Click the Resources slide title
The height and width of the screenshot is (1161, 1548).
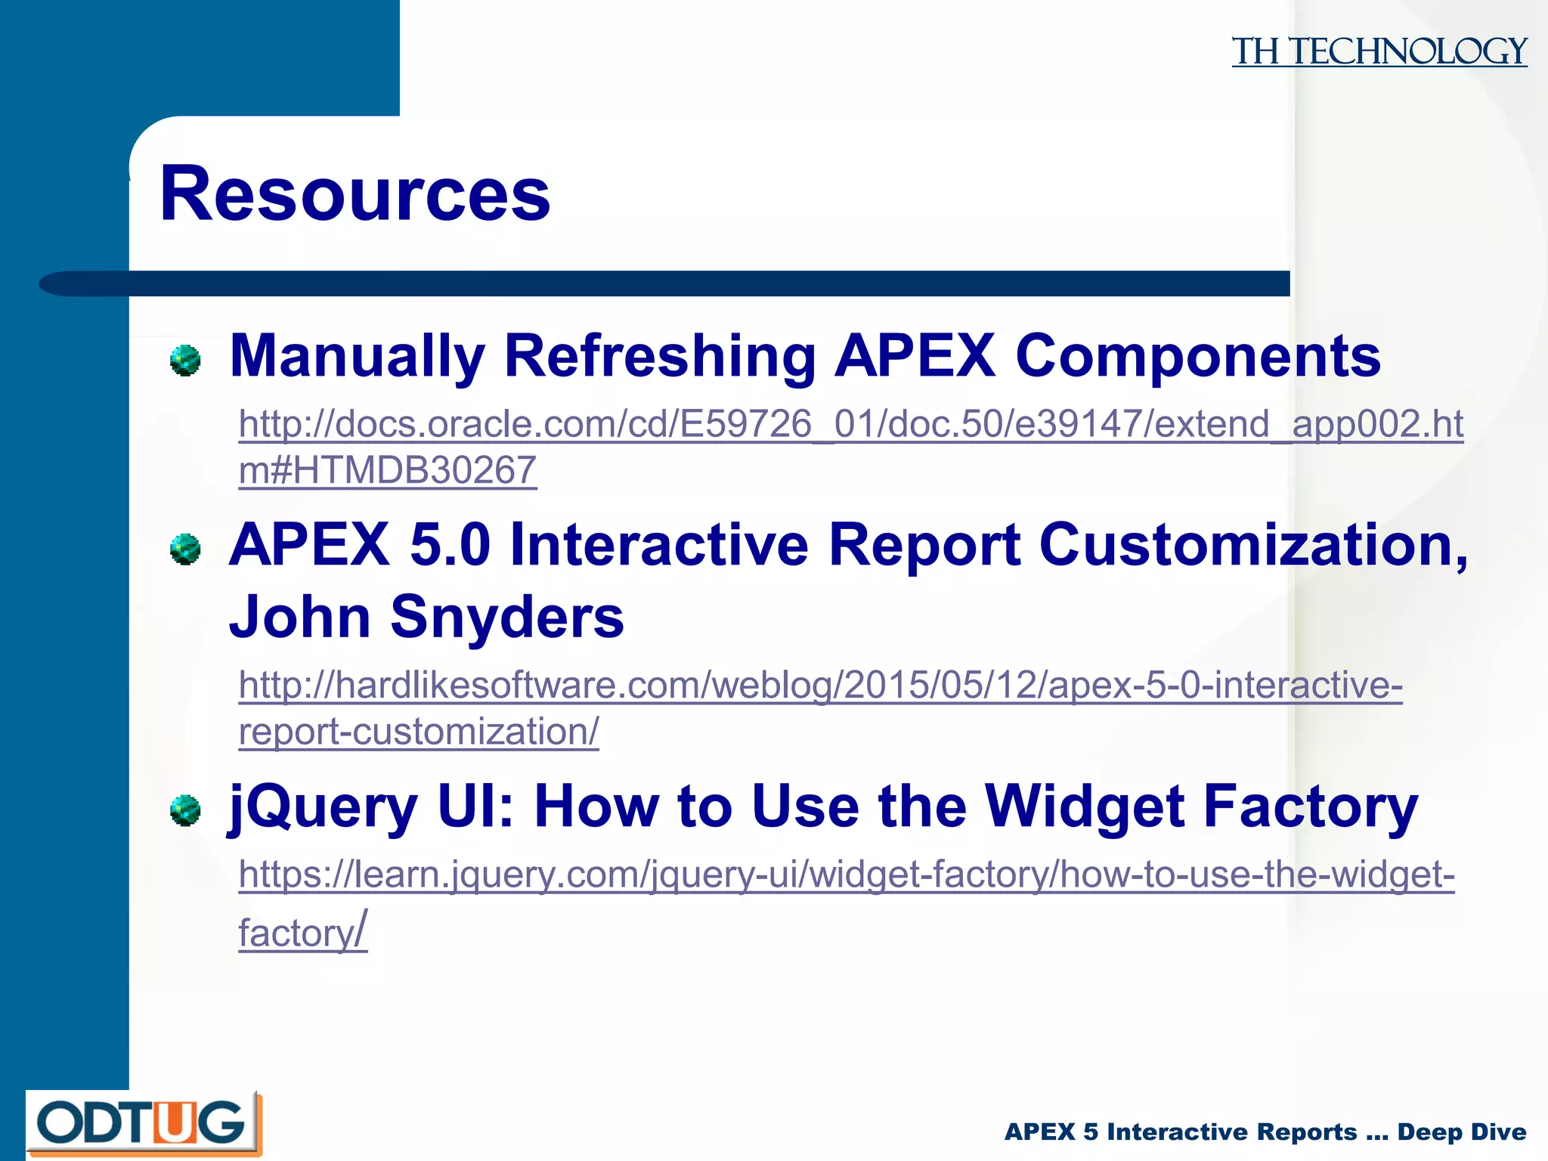coord(355,194)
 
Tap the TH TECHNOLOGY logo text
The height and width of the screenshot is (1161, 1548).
coord(1379,52)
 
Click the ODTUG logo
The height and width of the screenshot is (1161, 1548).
coord(144,1123)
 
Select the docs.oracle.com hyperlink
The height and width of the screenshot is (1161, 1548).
coord(850,424)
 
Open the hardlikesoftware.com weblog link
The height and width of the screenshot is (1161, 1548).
coord(820,686)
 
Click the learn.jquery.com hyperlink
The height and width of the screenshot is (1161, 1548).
coord(847,875)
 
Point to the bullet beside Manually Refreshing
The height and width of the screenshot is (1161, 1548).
coord(185,360)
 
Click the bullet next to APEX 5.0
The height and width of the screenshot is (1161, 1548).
coord(185,549)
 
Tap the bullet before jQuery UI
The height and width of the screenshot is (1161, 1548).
coord(185,810)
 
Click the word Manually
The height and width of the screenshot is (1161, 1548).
coord(357,356)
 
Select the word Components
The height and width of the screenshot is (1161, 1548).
coord(1198,356)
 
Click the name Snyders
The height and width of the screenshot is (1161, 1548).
coord(506,617)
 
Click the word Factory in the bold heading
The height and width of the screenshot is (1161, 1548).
coord(1310,807)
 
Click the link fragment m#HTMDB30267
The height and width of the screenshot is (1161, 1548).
coord(387,470)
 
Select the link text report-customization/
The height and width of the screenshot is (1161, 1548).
coord(419,732)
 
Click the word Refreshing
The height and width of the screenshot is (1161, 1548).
coord(660,356)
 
